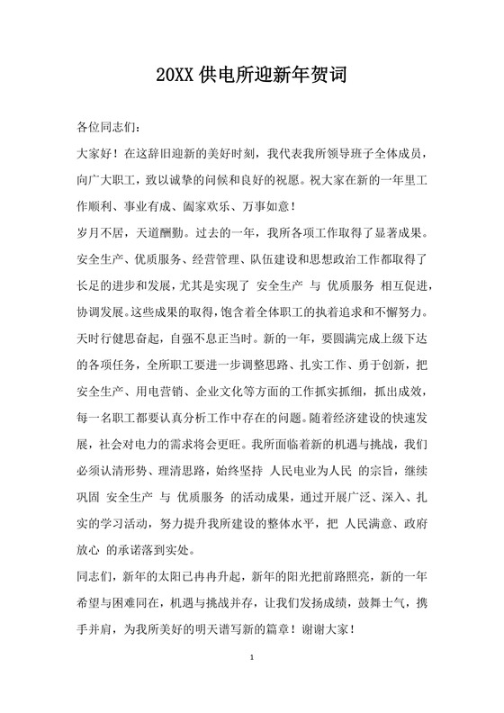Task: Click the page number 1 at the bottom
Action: (x=253, y=684)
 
